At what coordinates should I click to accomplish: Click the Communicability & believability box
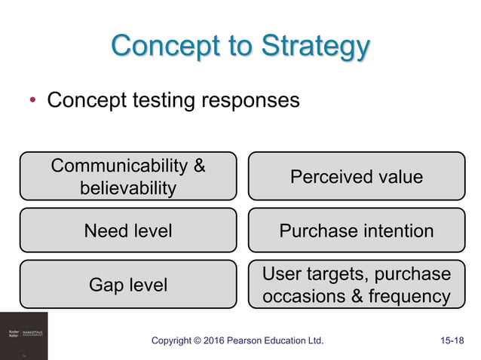point(128,176)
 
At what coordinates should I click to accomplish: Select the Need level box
point(128,230)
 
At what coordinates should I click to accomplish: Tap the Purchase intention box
point(357,230)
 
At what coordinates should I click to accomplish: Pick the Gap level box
point(128,284)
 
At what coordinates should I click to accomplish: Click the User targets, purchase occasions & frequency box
point(357,284)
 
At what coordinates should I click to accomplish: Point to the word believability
point(128,187)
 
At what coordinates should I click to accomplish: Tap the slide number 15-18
point(452,341)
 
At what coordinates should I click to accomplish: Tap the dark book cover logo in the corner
point(23,335)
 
